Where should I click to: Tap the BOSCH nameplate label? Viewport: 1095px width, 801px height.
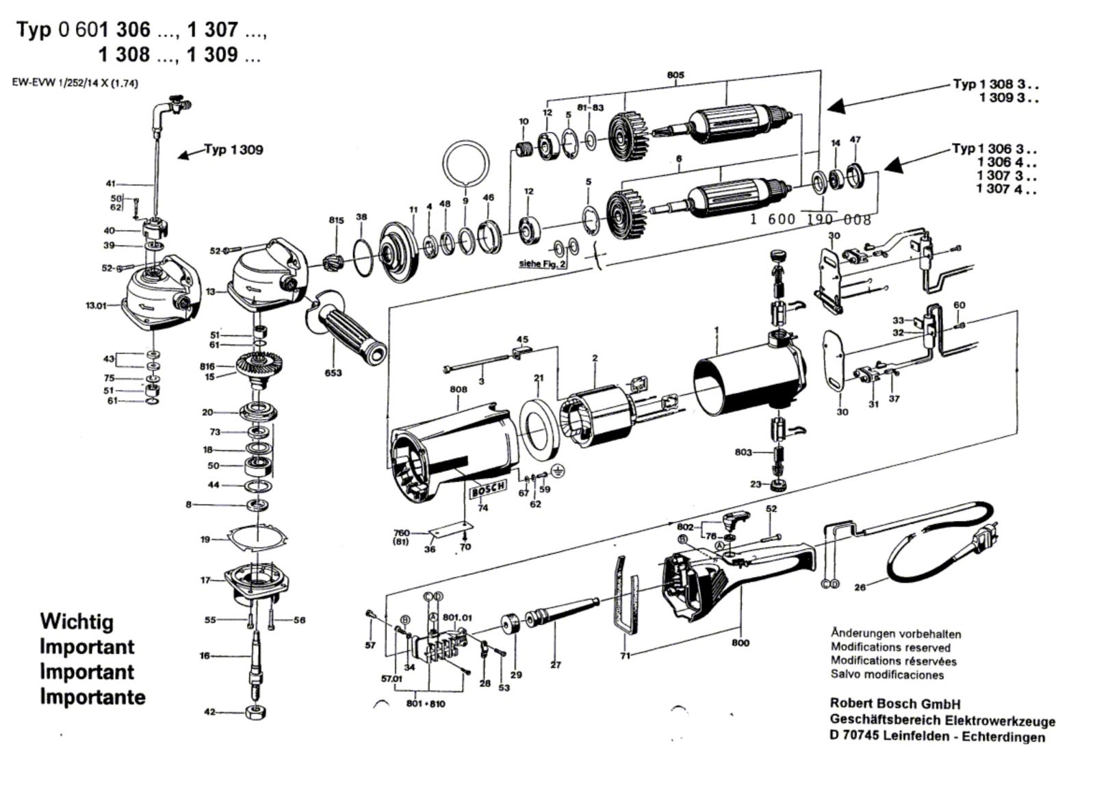click(489, 489)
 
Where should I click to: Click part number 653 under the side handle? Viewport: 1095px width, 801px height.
click(333, 373)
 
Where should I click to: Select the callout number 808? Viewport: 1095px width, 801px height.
click(459, 390)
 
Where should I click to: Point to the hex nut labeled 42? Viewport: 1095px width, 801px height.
click(255, 712)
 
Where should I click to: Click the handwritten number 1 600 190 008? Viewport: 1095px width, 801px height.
click(810, 219)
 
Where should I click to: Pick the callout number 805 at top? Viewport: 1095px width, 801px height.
click(675, 75)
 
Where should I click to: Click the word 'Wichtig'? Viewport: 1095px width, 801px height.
click(77, 622)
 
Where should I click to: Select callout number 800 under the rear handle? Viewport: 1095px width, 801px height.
click(740, 642)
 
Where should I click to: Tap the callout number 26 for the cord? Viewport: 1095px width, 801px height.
click(860, 587)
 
